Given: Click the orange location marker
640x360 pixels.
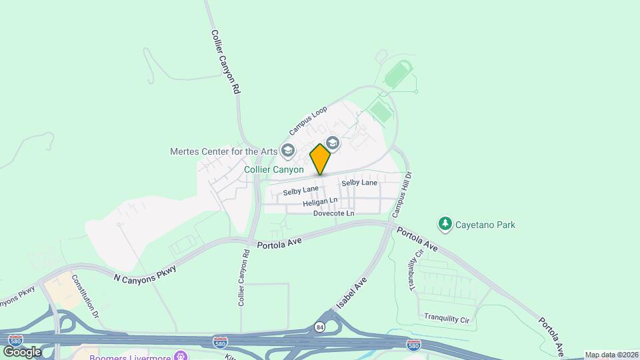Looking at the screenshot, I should point(320,159).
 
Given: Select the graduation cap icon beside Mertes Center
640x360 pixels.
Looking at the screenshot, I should point(288,151).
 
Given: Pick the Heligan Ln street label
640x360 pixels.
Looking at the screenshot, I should point(320,201).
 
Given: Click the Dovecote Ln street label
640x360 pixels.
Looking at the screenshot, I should point(333,213).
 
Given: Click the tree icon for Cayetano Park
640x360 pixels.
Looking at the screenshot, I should point(444,224).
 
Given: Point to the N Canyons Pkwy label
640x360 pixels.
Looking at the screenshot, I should point(145,273).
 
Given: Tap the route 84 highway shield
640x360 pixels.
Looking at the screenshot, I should point(319,327).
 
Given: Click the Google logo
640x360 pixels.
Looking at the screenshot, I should point(22,351).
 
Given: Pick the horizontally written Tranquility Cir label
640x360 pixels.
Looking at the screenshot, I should point(447,319).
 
